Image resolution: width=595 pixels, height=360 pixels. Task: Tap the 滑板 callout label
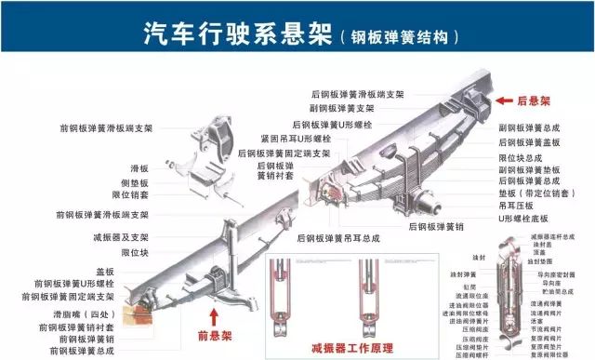140,168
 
